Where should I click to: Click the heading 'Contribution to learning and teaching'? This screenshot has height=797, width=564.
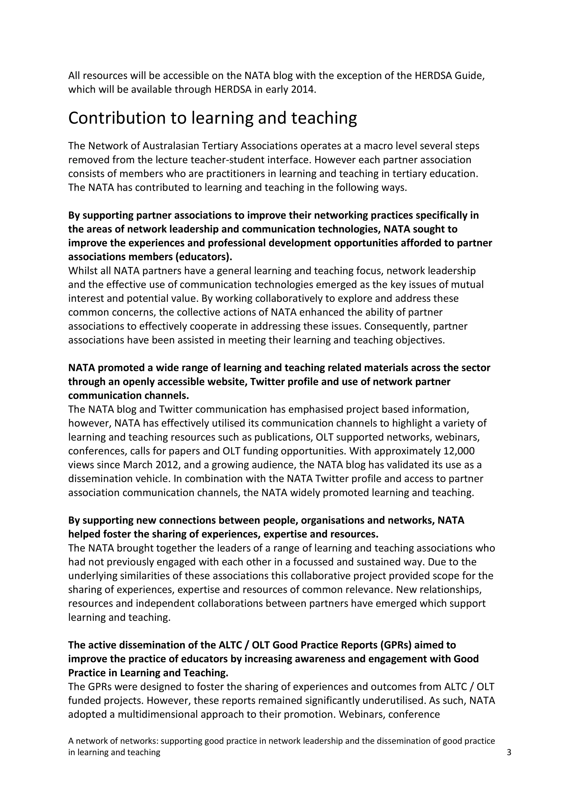click(212, 118)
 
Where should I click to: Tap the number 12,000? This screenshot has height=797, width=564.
click(459, 451)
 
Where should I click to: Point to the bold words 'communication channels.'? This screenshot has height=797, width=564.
click(129, 395)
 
